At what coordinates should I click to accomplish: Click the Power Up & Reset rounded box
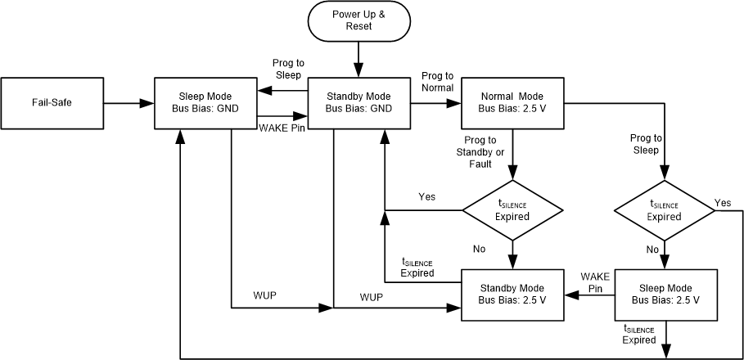click(x=357, y=21)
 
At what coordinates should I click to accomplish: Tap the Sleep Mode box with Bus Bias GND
click(x=205, y=103)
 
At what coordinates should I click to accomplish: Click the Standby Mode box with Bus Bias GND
click(x=358, y=103)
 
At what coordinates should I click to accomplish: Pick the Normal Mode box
click(x=512, y=103)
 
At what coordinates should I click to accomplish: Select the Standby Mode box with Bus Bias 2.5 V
click(x=512, y=293)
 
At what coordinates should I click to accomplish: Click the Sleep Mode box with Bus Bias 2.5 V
click(x=665, y=293)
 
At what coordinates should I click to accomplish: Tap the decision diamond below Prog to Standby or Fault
click(x=512, y=210)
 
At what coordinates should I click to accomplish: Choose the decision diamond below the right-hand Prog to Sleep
click(x=665, y=210)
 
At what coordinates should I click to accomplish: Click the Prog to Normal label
click(x=437, y=83)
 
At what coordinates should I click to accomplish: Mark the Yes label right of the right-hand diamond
click(x=723, y=203)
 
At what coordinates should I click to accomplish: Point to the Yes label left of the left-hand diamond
click(x=426, y=197)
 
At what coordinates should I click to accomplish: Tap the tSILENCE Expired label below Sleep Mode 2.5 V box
click(x=638, y=334)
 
